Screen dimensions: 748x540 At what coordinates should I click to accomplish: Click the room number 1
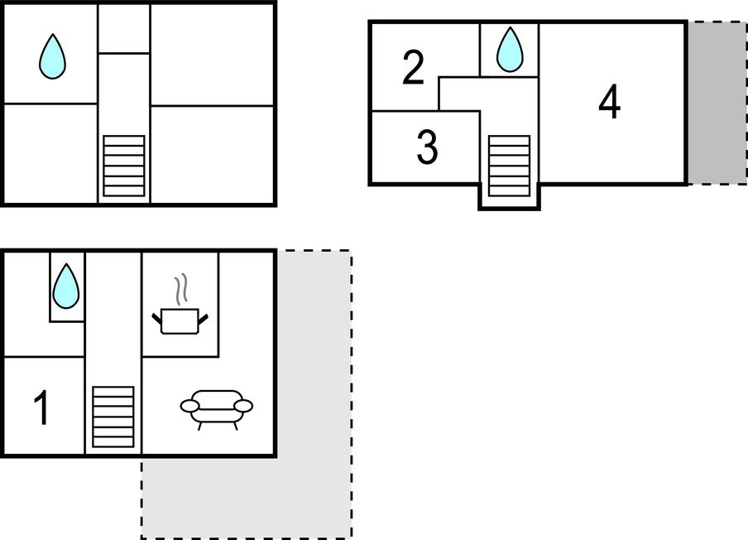click(x=42, y=407)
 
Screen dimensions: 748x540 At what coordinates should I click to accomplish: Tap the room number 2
click(x=413, y=68)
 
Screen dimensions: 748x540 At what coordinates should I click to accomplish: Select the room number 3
click(x=428, y=147)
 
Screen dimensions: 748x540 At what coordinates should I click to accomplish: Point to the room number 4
click(x=610, y=102)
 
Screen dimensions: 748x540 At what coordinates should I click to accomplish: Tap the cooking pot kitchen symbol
click(x=180, y=321)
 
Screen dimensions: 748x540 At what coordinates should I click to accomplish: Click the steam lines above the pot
click(x=181, y=289)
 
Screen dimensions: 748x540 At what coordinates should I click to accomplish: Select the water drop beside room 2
click(x=510, y=50)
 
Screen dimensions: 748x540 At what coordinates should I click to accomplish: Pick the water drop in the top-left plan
click(x=52, y=56)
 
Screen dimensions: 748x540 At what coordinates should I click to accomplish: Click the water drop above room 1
click(x=66, y=286)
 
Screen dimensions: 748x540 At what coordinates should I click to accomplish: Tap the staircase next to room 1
click(x=113, y=417)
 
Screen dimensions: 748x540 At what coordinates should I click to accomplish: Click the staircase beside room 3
click(x=510, y=166)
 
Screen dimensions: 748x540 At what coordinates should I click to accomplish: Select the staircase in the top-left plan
click(x=124, y=166)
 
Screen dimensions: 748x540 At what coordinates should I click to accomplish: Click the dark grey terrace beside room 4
click(x=717, y=103)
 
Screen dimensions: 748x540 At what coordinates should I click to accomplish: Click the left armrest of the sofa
click(x=189, y=406)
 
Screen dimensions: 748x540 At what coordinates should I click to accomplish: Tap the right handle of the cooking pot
click(x=204, y=319)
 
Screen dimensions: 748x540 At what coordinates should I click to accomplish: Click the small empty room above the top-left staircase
click(x=124, y=29)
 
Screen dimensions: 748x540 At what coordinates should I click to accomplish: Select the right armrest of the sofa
click(x=244, y=406)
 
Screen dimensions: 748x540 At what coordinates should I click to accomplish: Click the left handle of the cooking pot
click(x=157, y=319)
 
